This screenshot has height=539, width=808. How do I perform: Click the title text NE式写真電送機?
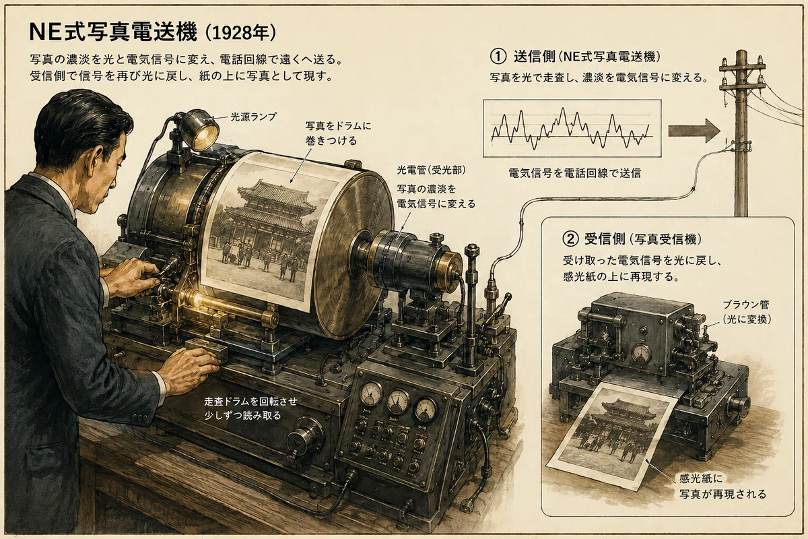pos(113,32)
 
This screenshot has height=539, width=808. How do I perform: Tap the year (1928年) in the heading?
pos(240,33)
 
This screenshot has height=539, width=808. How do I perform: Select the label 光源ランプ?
pos(253,117)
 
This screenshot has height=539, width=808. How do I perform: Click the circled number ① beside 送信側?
pos(498,57)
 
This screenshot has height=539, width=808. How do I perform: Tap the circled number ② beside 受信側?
pos(570,239)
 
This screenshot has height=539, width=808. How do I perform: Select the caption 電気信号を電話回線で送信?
pos(574,174)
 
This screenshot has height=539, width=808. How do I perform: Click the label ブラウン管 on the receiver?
pos(746,305)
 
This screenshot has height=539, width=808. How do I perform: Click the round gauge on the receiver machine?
pos(641,354)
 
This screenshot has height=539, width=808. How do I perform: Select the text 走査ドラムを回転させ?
pos(250,402)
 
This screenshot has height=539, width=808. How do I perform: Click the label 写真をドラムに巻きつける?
pos(338,133)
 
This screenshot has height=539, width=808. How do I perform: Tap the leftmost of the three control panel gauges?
pos(371,393)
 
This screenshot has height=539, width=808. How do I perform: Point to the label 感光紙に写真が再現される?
pos(722,486)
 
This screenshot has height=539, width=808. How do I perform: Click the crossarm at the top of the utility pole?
pos(742,67)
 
